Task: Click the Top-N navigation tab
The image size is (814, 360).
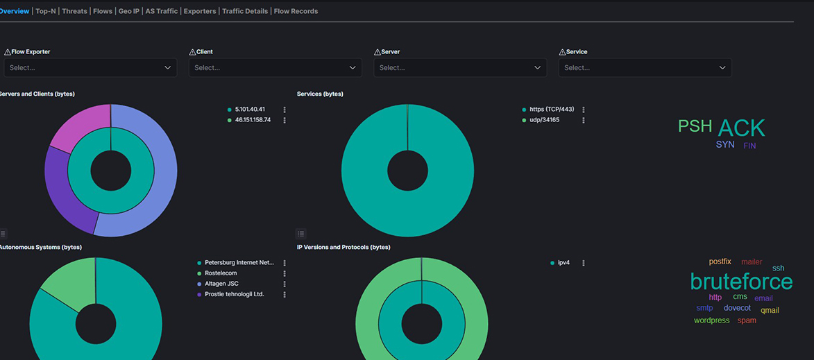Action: coord(46,11)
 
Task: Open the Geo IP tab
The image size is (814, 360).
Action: coord(128,11)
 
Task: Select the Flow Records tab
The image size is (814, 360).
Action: coord(296,11)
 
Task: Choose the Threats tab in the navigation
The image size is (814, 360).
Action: coord(74,11)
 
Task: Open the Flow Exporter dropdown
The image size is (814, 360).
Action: coord(90,68)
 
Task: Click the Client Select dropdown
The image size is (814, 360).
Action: coord(275,68)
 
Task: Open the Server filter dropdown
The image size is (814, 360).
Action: coord(459,68)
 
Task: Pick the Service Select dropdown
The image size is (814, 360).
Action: coord(645,68)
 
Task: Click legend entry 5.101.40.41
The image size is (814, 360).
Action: coord(250,110)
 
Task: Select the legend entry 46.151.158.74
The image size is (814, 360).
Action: coord(253,120)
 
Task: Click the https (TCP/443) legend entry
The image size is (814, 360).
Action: coord(552,110)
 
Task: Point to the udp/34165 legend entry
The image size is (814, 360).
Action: coord(544,120)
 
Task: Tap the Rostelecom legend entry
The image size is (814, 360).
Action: coord(221,273)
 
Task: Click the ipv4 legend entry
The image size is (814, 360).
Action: coord(563,263)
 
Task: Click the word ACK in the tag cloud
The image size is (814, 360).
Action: coord(741,128)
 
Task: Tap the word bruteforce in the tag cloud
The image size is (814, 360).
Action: coord(741,282)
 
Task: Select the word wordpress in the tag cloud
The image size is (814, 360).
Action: coord(711,320)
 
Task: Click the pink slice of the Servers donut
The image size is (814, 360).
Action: coord(78,128)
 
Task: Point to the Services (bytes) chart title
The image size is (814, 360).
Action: coord(320,94)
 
